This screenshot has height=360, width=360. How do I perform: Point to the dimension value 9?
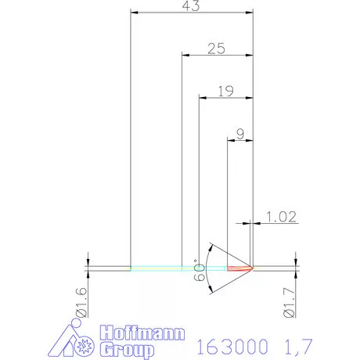239,135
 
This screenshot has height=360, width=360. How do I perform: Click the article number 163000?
231,345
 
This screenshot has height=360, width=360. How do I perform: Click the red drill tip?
243,268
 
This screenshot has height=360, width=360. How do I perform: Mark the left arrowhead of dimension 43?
134,13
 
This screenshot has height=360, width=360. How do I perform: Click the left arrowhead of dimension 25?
185,55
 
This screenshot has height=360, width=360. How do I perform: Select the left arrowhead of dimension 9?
229,140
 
